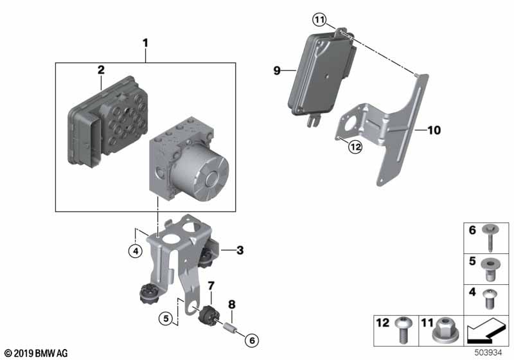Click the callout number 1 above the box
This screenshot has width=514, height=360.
coord(145,44)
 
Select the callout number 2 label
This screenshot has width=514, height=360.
coord(101,69)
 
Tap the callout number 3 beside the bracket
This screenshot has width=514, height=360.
coord(240,250)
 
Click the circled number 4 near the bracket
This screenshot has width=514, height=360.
coord(134,251)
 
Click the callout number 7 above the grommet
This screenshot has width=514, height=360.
coord(210,285)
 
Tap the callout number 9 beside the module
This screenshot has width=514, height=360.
coord(277,71)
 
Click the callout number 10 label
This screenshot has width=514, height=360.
coord(434,130)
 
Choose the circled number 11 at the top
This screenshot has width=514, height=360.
coord(320,21)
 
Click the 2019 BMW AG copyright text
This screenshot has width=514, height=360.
coord(35,353)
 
